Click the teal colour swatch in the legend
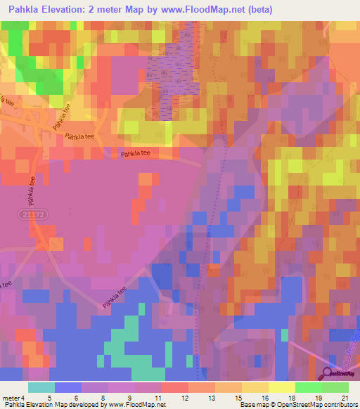[41, 387]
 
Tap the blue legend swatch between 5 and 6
[68, 387]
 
